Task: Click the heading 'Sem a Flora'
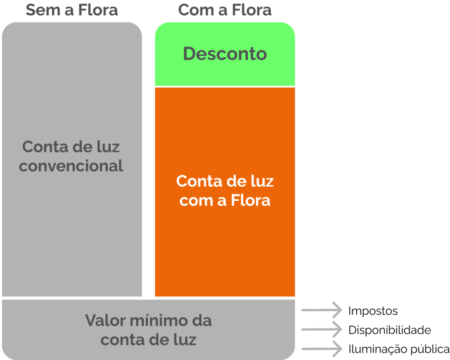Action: pos(72,10)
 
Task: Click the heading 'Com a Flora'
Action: pos(225,10)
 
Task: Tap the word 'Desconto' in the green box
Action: pos(225,54)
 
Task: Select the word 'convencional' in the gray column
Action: pos(71,166)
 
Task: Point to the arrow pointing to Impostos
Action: pos(322,310)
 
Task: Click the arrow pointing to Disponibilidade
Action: pos(322,329)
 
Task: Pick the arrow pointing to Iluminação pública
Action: pos(322,349)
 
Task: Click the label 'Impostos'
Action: pos(373,311)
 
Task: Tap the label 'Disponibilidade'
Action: pos(389,330)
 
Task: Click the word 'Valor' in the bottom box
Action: pos(105,320)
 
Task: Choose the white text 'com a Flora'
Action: pos(225,200)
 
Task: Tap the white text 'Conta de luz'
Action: pos(225,181)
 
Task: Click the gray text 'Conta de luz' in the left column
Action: pos(71,147)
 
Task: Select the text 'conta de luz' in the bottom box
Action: pos(149,340)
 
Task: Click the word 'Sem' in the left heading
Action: pos(43,10)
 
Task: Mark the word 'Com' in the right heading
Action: pos(196,10)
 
